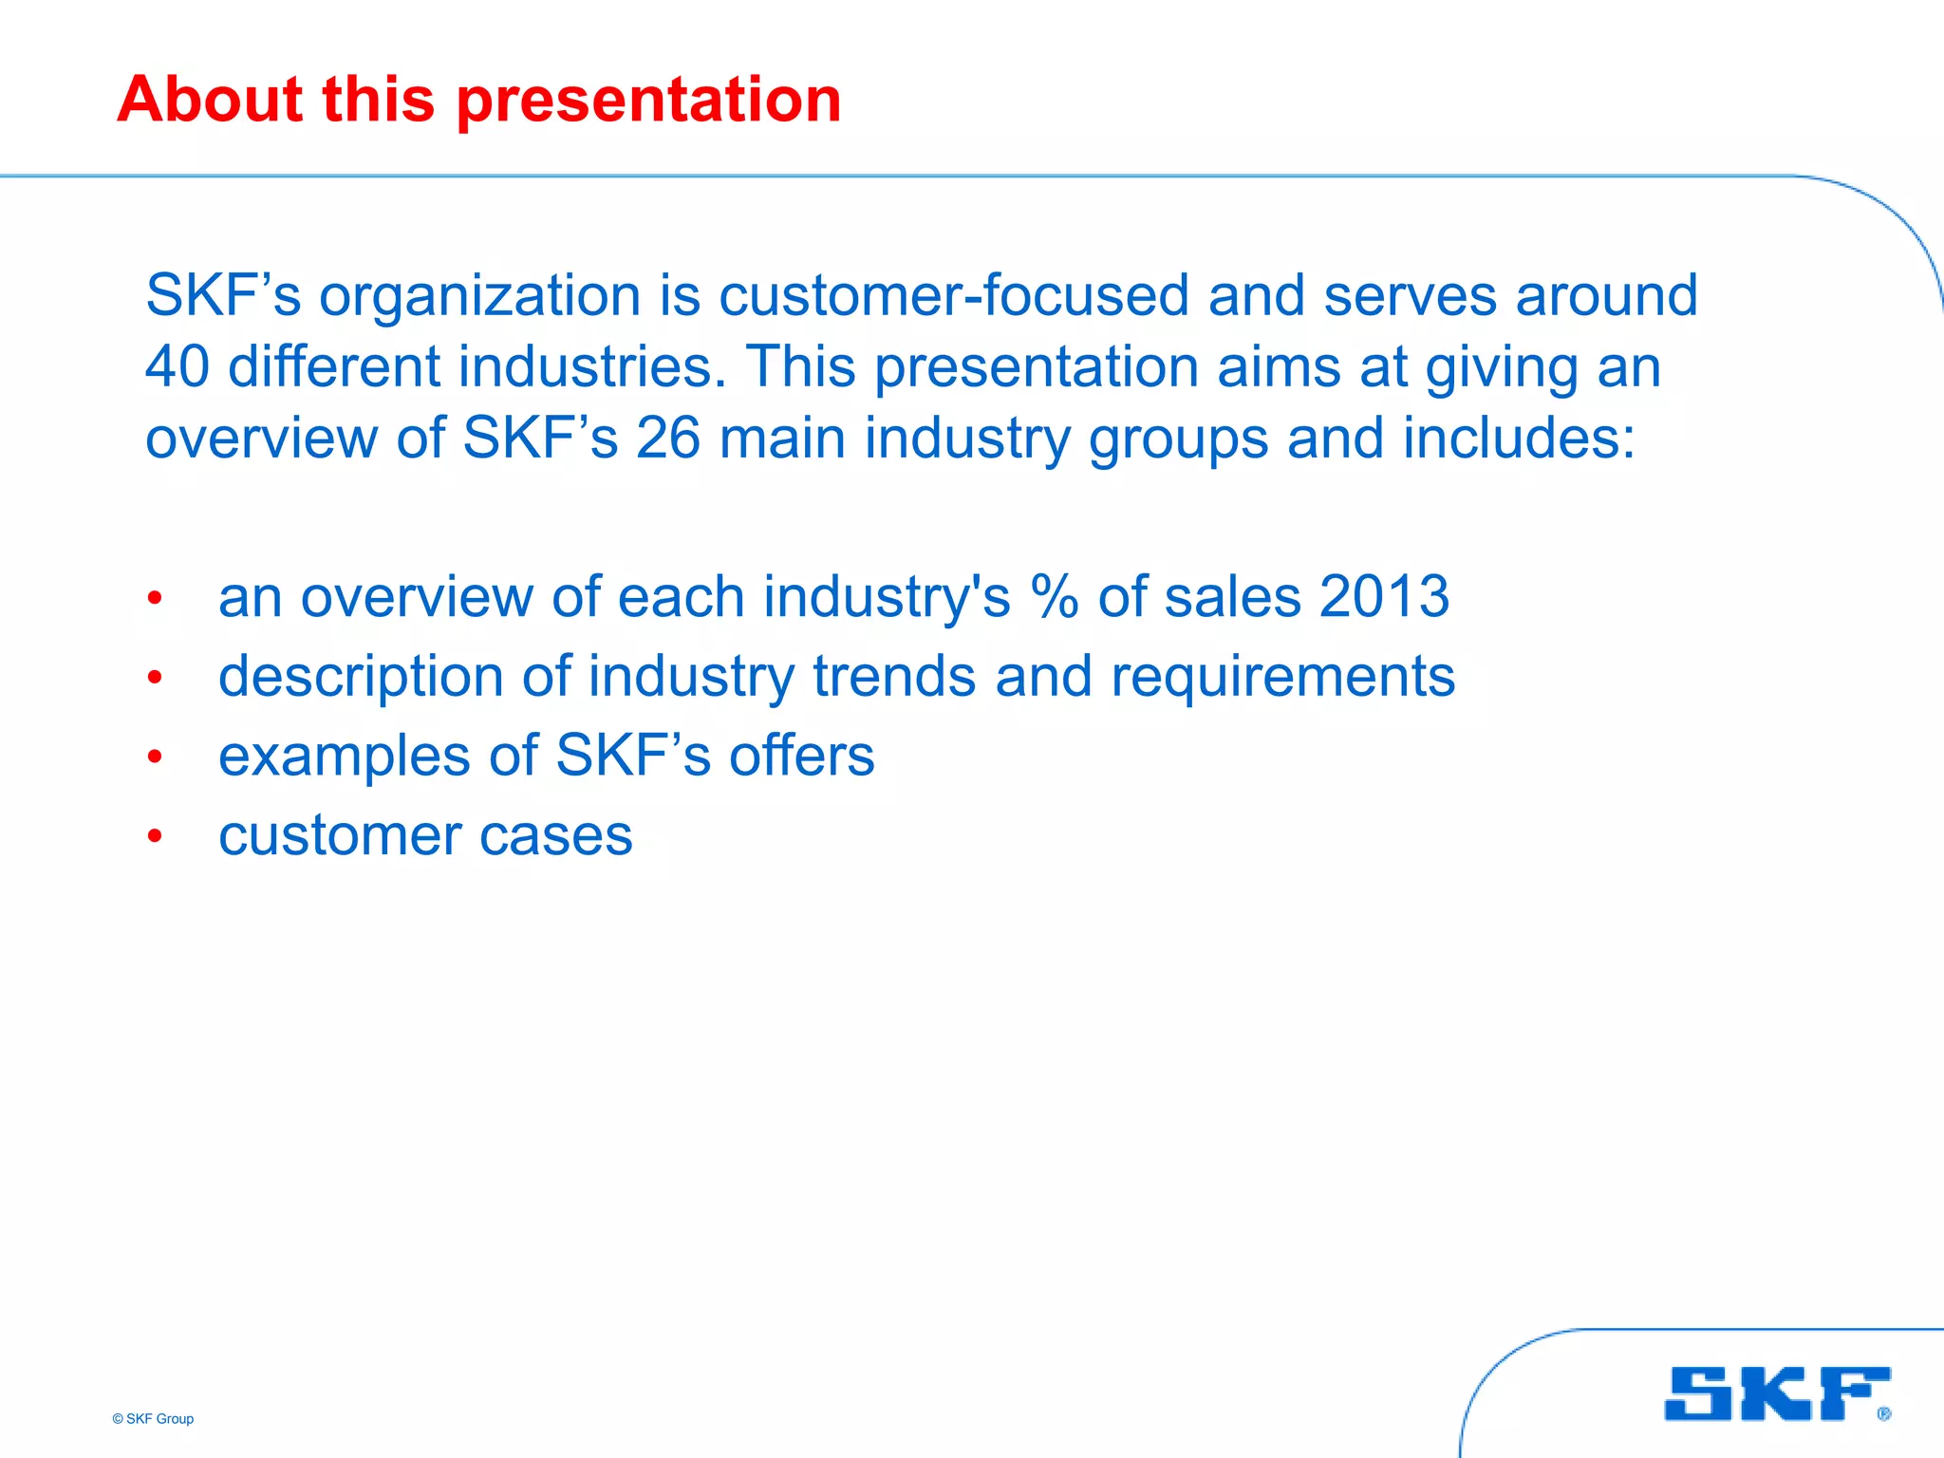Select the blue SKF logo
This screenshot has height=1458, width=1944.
point(1775,1393)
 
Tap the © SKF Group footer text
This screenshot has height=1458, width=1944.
point(153,1419)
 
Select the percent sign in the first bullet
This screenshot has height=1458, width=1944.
point(1055,597)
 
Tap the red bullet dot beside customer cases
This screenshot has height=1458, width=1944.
point(155,836)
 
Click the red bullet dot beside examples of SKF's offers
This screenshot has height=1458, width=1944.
point(155,757)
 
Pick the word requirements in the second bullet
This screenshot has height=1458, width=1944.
point(1282,678)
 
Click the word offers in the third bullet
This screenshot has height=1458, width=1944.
point(801,757)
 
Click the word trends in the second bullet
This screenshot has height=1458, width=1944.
point(894,677)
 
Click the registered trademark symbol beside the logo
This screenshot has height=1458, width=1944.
point(1883,1414)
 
